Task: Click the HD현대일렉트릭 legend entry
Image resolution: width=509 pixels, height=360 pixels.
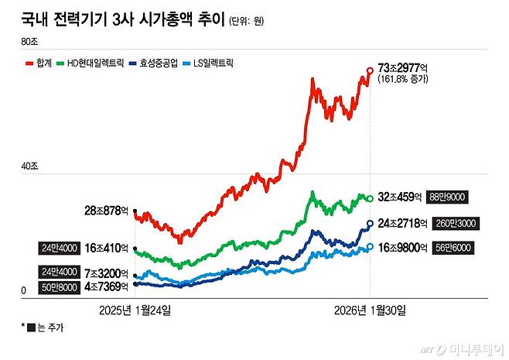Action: tap(91, 62)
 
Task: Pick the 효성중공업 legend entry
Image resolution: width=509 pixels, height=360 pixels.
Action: tap(159, 62)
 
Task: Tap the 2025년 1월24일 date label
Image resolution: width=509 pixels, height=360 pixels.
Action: tap(135, 310)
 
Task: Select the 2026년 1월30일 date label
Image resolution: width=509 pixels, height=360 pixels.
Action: tap(370, 310)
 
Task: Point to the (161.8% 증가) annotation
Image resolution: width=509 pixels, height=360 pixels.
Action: tap(408, 81)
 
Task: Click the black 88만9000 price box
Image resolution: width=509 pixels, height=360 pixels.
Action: tap(456, 197)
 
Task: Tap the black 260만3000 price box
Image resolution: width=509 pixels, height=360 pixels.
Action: tap(456, 223)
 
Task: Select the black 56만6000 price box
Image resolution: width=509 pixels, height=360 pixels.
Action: tap(456, 248)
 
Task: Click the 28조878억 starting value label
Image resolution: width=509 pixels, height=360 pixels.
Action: tap(108, 211)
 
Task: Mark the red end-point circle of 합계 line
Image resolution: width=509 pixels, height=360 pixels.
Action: tap(370, 70)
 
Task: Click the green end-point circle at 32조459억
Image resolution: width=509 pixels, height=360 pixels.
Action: tap(370, 198)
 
